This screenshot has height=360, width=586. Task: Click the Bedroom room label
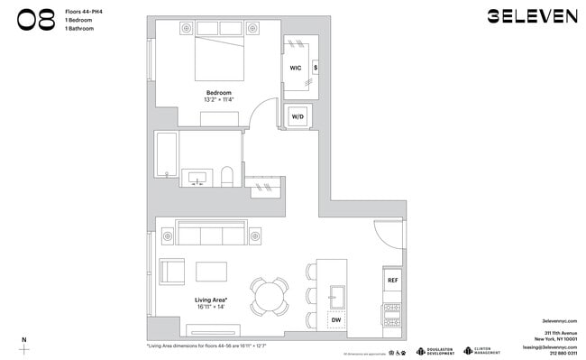tap(219, 93)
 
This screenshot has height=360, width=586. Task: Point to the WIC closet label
tap(295, 68)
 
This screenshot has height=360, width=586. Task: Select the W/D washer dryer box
tap(298, 115)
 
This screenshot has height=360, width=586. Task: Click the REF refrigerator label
tap(392, 281)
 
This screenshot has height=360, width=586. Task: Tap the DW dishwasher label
tap(335, 319)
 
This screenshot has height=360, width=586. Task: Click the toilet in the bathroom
tap(228, 175)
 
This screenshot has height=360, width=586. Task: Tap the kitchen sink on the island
tap(338, 294)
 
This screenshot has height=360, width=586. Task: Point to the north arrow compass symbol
tap(24, 346)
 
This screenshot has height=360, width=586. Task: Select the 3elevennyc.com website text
tap(559, 320)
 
